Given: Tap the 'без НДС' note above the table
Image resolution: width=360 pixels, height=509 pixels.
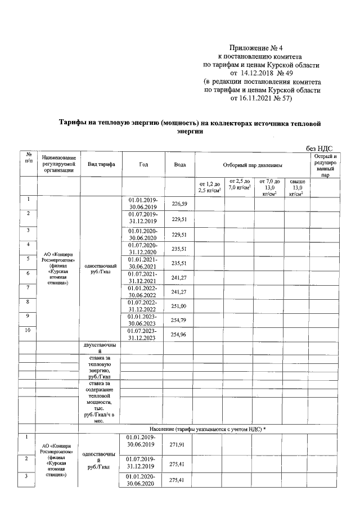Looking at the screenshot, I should (323, 148).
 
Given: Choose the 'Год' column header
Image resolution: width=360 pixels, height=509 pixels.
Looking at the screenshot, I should (143, 164).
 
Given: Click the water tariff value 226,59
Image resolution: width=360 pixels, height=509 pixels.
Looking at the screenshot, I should (179, 203).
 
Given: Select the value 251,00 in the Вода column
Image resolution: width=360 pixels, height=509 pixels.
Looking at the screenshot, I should (179, 305).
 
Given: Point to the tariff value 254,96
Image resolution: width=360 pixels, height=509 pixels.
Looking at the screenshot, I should (179, 334).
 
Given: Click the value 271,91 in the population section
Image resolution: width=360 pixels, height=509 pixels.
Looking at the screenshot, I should (178, 444).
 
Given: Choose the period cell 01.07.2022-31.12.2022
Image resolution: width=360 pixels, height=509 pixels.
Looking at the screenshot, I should (143, 305).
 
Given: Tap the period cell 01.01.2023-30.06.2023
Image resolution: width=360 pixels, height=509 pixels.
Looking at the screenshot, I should (143, 320).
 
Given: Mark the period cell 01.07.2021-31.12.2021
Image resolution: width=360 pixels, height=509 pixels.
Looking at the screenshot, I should (143, 276).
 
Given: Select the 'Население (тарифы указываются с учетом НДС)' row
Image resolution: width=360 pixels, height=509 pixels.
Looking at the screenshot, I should (208, 429).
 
